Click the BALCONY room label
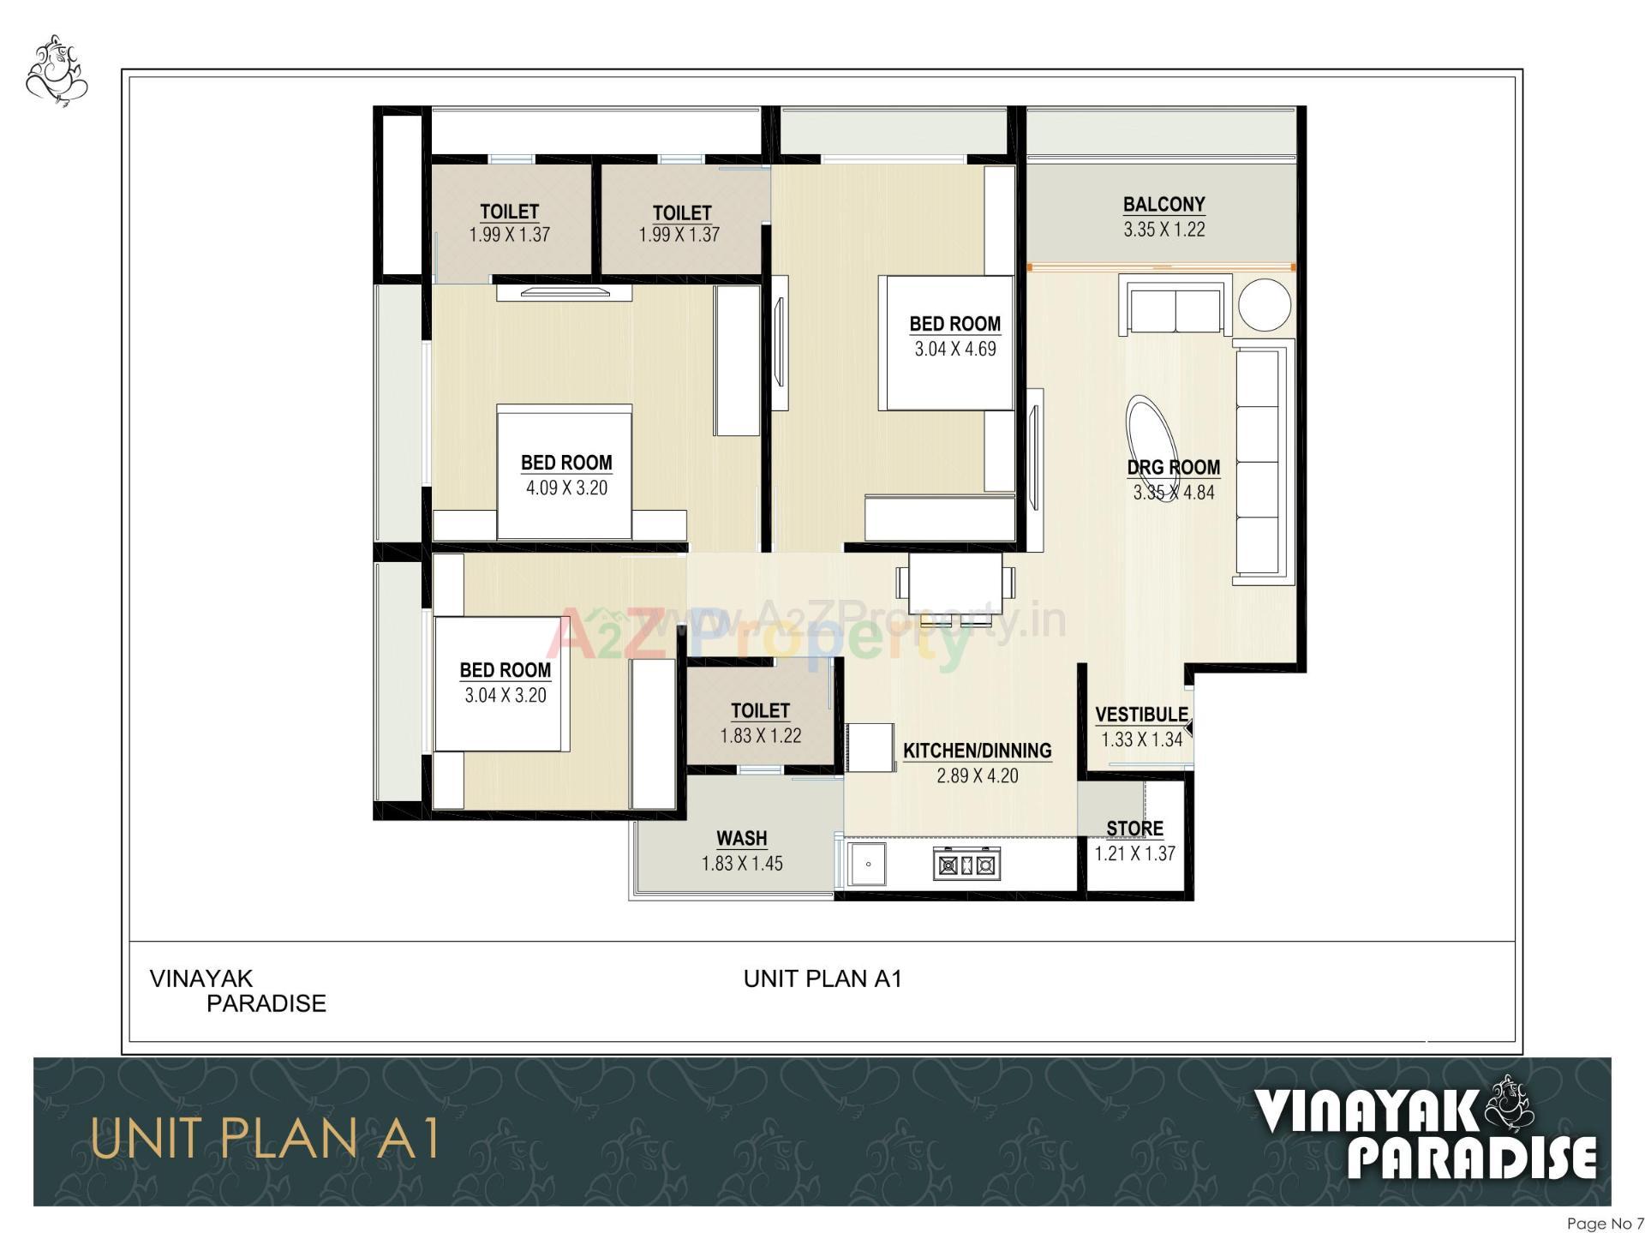(1163, 205)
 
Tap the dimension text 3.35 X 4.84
(1173, 493)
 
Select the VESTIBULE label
(1141, 715)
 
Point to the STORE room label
(1134, 829)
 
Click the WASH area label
(741, 838)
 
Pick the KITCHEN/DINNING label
(977, 751)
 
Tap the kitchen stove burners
(966, 865)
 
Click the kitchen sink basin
(868, 865)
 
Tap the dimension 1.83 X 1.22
(760, 735)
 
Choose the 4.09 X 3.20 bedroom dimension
(566, 488)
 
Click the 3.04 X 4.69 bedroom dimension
(954, 349)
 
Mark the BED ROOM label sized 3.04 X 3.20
(505, 670)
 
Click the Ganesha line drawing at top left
(57, 70)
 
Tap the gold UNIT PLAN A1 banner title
(265, 1140)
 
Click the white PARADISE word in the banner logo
(1471, 1158)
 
